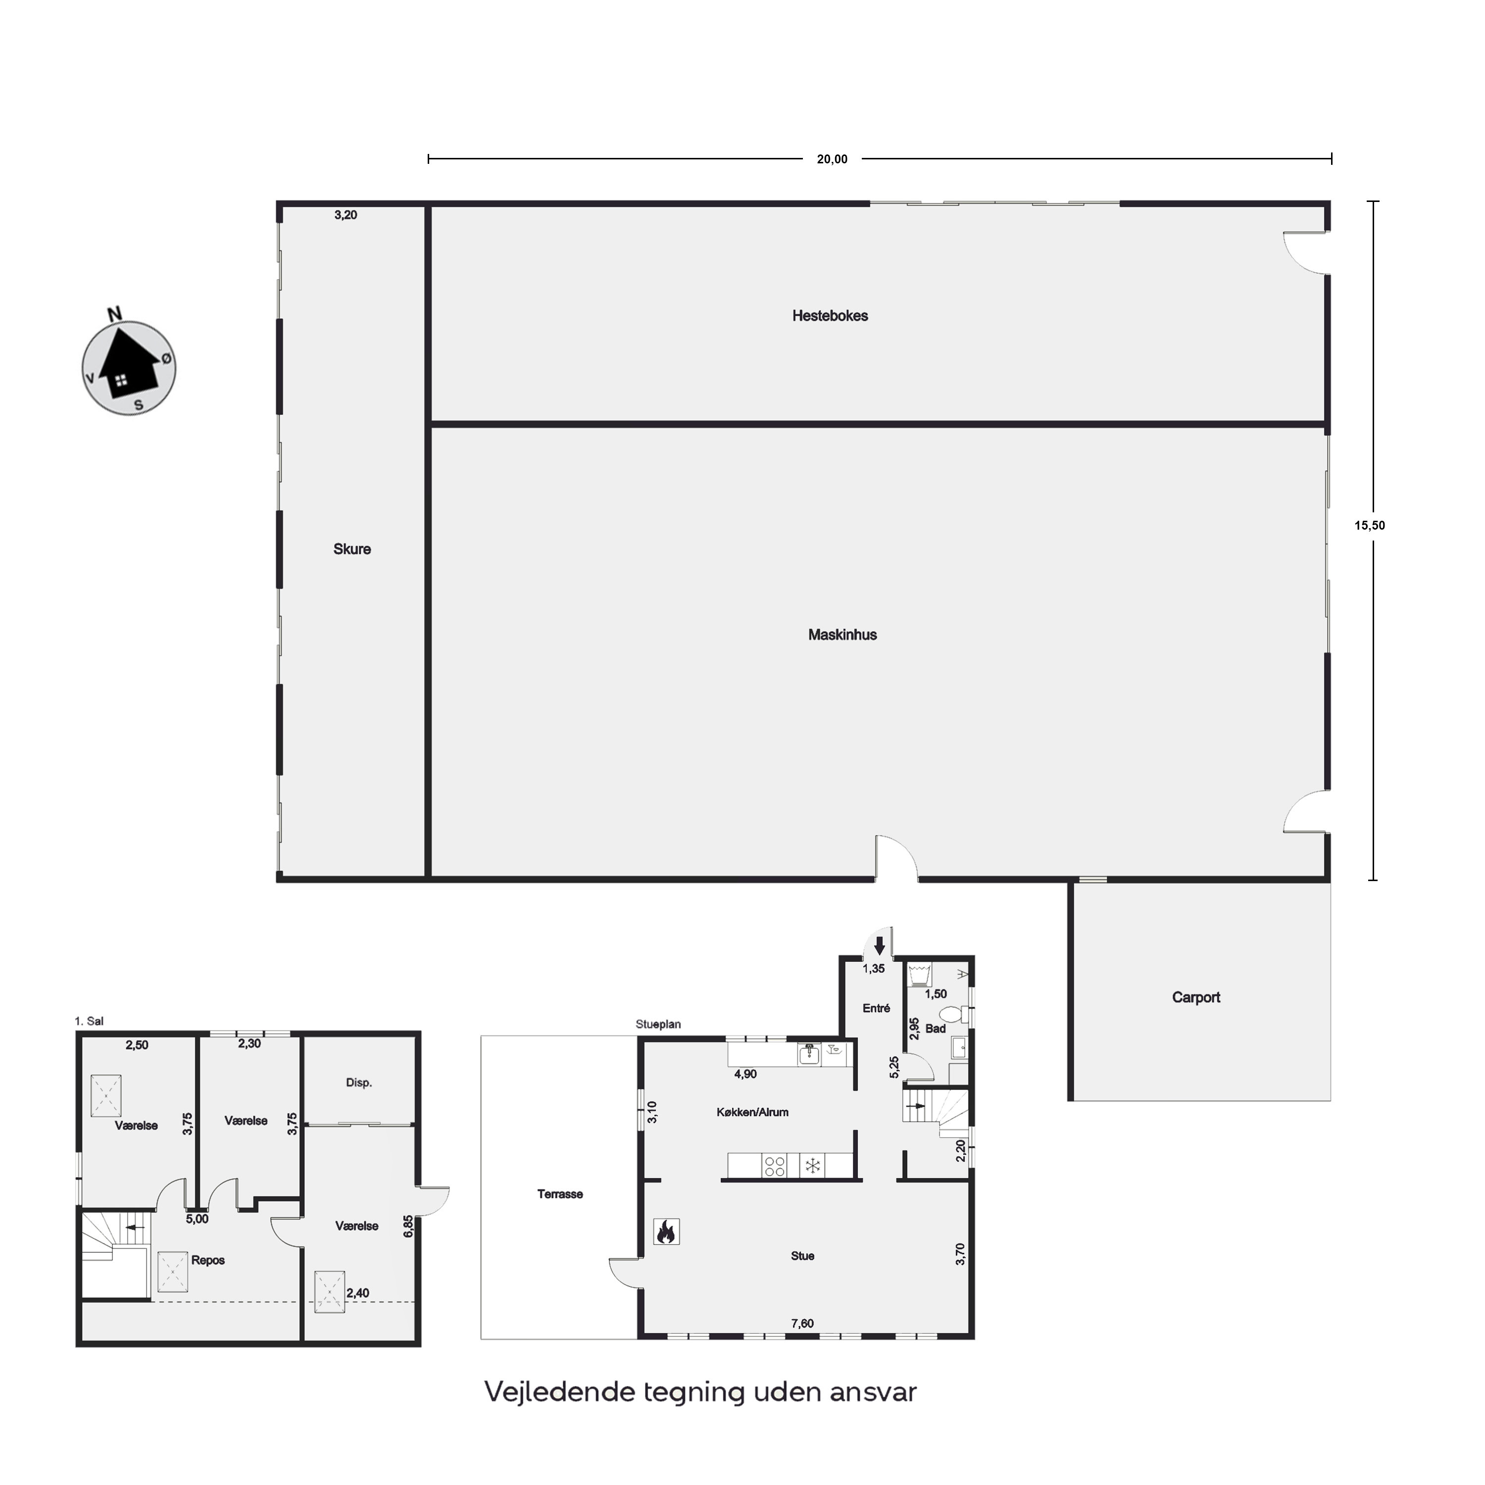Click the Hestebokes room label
(x=830, y=316)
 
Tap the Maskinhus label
(x=842, y=635)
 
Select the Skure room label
(x=352, y=549)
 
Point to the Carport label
(x=1196, y=998)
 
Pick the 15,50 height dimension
(x=1370, y=526)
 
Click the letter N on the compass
(x=114, y=314)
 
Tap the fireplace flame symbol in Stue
(x=666, y=1232)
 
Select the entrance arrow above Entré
(x=880, y=945)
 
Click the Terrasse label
(x=560, y=1193)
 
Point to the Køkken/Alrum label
(x=752, y=1112)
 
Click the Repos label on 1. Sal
(x=208, y=1261)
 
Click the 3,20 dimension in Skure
(x=346, y=215)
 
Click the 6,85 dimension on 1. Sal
(x=408, y=1226)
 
